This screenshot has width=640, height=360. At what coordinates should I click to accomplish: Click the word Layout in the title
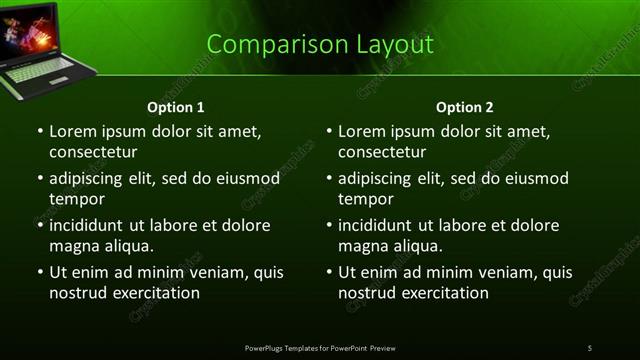point(397,45)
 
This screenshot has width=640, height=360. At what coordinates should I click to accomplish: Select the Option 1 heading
point(176,107)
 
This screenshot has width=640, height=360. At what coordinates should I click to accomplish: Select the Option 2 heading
point(465,107)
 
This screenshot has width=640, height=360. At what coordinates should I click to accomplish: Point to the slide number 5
point(590,347)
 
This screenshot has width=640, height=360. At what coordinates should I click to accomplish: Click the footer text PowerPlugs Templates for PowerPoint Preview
point(320,347)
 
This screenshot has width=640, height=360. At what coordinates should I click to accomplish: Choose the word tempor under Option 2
point(365,199)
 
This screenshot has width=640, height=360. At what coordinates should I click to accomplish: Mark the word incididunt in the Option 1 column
point(90,226)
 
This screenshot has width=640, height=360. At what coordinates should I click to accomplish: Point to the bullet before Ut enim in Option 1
point(40,273)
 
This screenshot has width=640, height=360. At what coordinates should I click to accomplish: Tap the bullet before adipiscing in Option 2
point(329,179)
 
